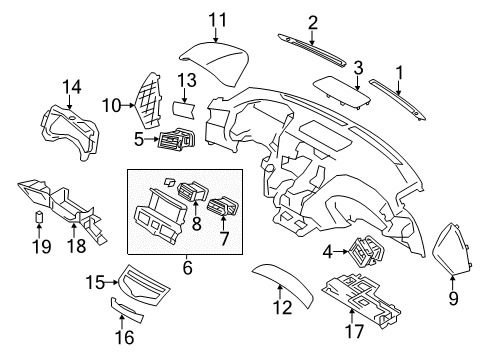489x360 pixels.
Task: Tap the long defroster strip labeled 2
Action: point(314,42)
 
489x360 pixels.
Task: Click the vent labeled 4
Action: point(368,258)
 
